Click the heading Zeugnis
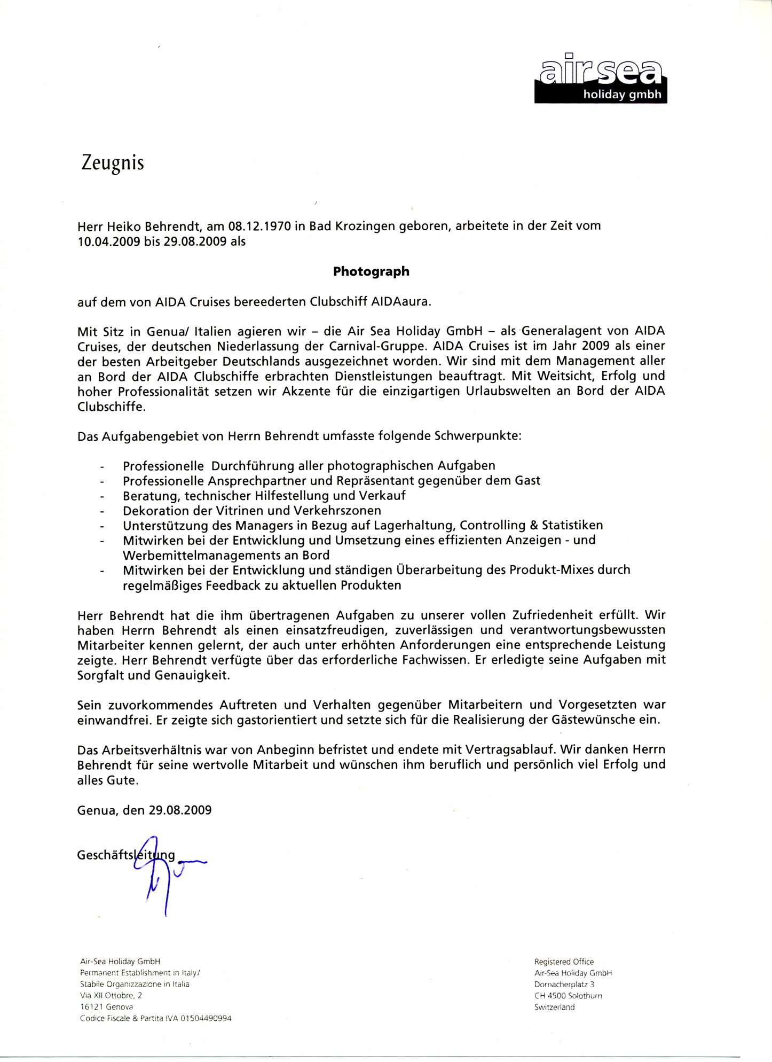[113, 163]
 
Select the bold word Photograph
[371, 271]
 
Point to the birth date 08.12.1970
[259, 226]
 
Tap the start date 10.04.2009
[108, 241]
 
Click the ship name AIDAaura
[399, 301]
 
